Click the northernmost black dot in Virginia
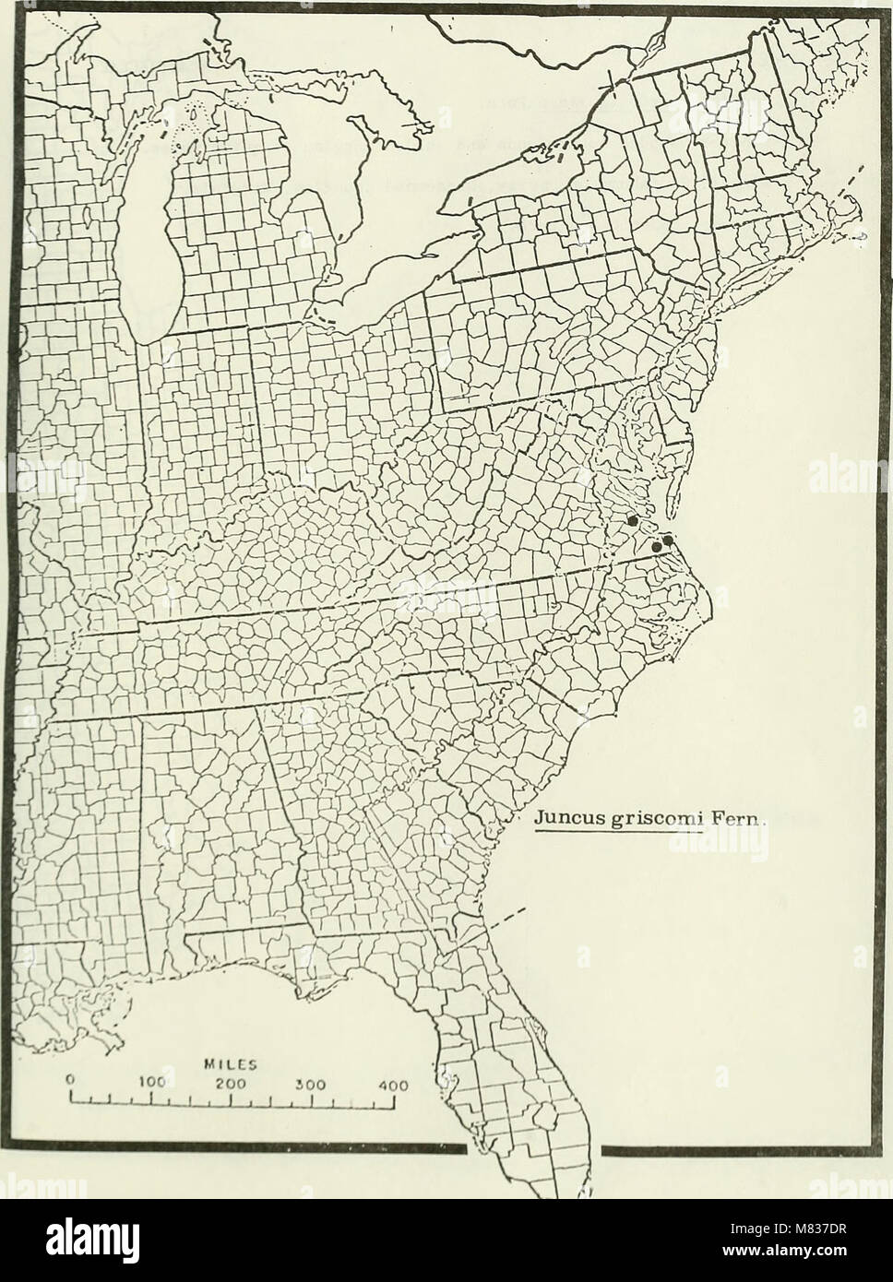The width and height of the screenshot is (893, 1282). coord(632,520)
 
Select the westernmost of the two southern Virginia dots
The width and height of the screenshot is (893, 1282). coord(656,547)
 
